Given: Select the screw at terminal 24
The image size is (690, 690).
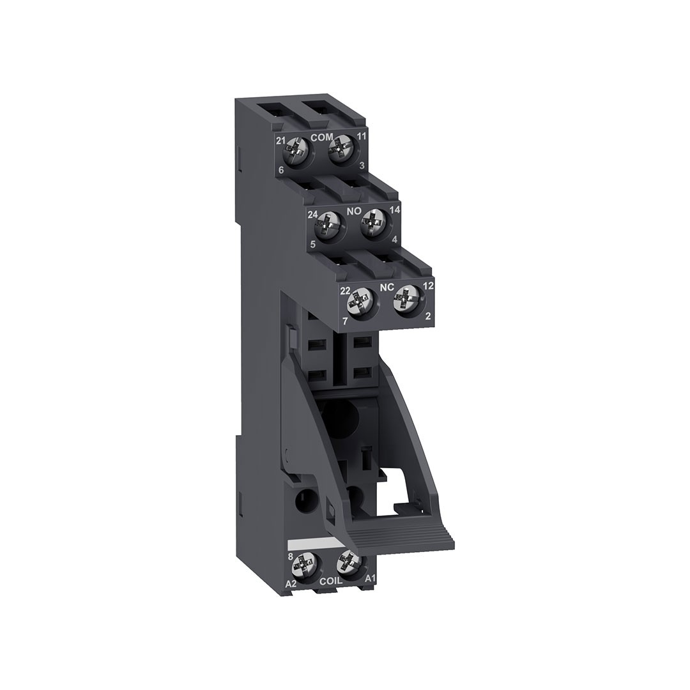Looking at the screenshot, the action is [x=327, y=226].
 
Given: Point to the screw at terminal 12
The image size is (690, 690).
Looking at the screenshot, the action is [x=406, y=300].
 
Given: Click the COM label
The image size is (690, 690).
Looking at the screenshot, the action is [x=322, y=137].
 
